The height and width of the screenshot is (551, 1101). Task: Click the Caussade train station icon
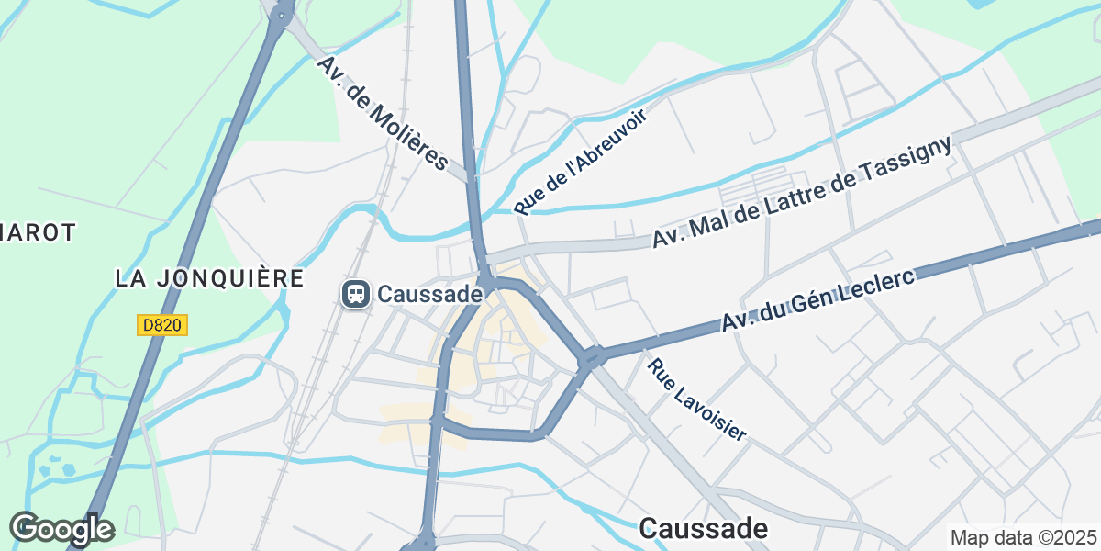coord(355,294)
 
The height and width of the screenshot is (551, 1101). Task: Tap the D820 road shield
coord(163,325)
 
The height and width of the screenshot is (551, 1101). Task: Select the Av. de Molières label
coord(383,114)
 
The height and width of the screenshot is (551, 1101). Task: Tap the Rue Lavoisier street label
coord(696,399)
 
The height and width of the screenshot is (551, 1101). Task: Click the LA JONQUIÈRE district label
coord(210,277)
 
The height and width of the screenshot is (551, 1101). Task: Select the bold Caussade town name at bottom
coord(704,528)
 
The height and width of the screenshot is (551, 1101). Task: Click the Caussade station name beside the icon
coord(429,294)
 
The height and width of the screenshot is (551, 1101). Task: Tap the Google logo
coord(61,529)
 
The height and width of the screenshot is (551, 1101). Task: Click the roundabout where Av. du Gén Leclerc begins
coord(592,357)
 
